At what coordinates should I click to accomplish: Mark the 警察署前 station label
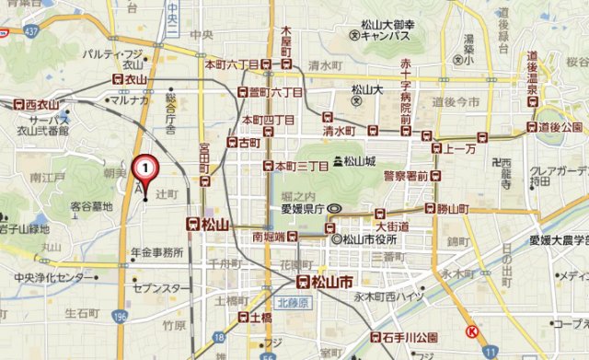point(406,175)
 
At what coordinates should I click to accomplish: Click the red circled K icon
point(471,333)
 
